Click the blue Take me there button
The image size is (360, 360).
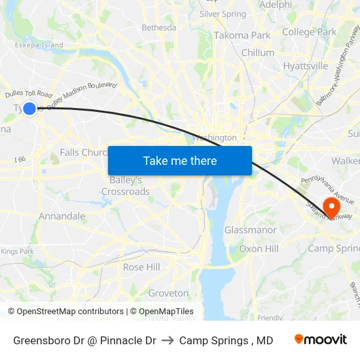pyautogui.click(x=180, y=160)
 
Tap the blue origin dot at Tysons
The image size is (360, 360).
pyautogui.click(x=29, y=109)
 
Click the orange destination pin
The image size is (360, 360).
pyautogui.click(x=332, y=208)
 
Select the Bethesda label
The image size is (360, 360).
pyautogui.click(x=159, y=27)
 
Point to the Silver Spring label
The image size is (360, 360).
pyautogui.click(x=223, y=14)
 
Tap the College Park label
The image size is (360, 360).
pyautogui.click(x=309, y=31)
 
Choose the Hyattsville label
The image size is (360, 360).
pyautogui.click(x=306, y=66)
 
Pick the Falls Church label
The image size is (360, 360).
pyautogui.click(x=83, y=153)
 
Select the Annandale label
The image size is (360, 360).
pyautogui.click(x=62, y=216)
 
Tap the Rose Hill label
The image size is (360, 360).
pyautogui.click(x=141, y=267)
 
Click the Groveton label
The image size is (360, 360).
pyautogui.click(x=168, y=293)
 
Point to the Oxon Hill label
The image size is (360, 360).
pyautogui.click(x=259, y=249)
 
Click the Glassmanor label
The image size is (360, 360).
pyautogui.click(x=251, y=230)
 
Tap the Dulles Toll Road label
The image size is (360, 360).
pyautogui.click(x=28, y=95)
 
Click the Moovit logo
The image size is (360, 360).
pyautogui.click(x=321, y=340)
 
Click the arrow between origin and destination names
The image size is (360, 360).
pyautogui.click(x=168, y=340)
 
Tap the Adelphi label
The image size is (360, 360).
pyautogui.click(x=276, y=5)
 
